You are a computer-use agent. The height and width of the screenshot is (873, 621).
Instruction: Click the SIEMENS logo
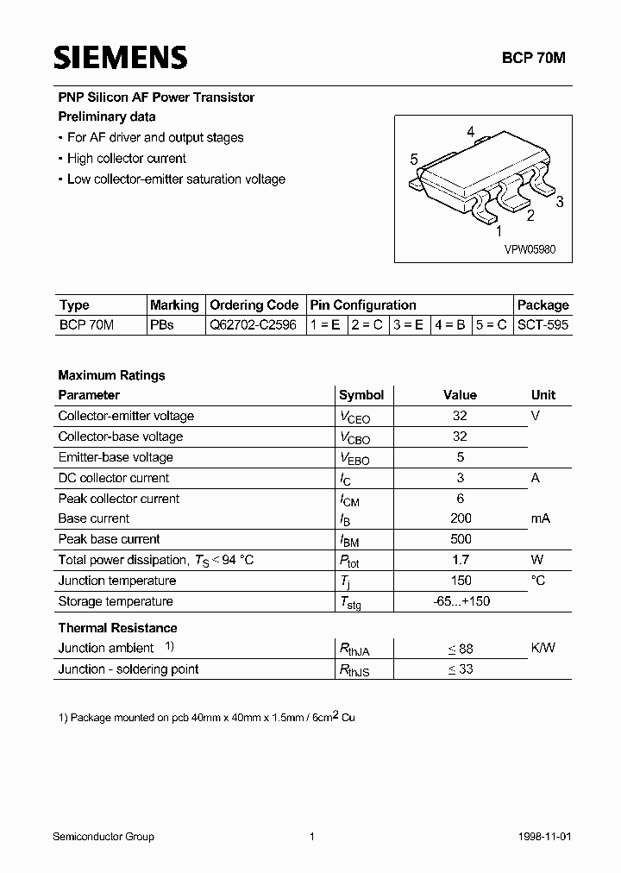(x=120, y=58)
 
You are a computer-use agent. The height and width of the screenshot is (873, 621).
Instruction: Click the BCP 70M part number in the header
(x=534, y=58)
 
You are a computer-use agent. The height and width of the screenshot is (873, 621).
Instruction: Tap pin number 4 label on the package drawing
(x=470, y=132)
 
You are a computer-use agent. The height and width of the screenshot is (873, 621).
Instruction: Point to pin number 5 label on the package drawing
(x=414, y=160)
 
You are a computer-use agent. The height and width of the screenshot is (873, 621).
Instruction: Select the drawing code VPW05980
(x=530, y=249)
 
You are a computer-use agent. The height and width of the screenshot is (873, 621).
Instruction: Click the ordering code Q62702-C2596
(x=254, y=326)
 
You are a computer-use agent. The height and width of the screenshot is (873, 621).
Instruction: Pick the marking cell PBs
(x=161, y=326)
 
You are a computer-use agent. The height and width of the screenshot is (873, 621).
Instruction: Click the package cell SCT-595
(x=543, y=326)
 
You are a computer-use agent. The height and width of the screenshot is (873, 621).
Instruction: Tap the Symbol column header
(x=361, y=395)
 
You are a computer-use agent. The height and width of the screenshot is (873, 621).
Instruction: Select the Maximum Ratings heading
(x=111, y=375)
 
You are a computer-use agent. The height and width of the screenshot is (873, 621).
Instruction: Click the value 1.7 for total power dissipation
(x=460, y=560)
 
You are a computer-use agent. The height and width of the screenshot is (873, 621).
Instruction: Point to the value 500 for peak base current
(x=460, y=539)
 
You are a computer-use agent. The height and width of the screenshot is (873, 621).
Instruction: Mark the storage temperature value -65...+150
(x=461, y=601)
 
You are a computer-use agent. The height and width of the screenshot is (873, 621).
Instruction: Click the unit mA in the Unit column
(x=541, y=518)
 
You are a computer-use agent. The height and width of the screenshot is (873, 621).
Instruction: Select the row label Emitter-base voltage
(x=116, y=457)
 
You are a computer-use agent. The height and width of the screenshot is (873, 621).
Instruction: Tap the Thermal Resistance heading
(x=117, y=628)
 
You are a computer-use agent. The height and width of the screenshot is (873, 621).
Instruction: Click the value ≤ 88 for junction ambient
(x=460, y=649)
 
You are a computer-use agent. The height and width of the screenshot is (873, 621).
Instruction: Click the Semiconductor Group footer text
(x=103, y=837)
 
